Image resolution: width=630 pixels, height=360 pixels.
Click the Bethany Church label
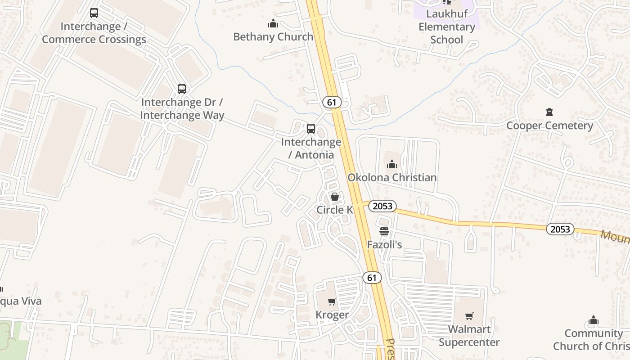273,37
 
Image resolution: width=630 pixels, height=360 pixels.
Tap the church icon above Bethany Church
273,23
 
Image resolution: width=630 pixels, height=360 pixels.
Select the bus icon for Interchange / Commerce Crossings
94,13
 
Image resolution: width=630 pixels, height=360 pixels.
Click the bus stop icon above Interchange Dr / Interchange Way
181,89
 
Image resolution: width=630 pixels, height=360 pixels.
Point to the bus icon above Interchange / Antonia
311,129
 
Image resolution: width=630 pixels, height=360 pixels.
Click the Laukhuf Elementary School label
446,27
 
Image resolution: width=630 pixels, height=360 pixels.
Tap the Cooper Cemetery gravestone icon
549,112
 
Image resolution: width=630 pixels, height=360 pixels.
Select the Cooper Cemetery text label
549,126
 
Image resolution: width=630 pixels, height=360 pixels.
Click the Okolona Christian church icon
392,164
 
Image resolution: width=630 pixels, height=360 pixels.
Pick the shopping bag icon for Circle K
334,197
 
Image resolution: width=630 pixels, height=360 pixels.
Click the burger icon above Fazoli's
384,231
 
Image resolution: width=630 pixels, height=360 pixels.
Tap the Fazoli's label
384,245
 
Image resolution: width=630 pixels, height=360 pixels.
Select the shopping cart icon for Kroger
332,301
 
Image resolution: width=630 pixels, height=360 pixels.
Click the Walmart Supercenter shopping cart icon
469,316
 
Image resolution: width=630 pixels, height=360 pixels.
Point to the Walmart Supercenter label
469,336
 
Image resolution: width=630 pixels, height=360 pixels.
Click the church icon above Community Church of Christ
594,320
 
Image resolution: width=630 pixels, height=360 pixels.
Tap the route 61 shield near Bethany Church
332,102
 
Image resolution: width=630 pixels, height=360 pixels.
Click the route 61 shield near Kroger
372,278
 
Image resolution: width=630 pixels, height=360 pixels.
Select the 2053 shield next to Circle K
382,206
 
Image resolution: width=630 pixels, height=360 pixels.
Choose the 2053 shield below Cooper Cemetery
560,229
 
